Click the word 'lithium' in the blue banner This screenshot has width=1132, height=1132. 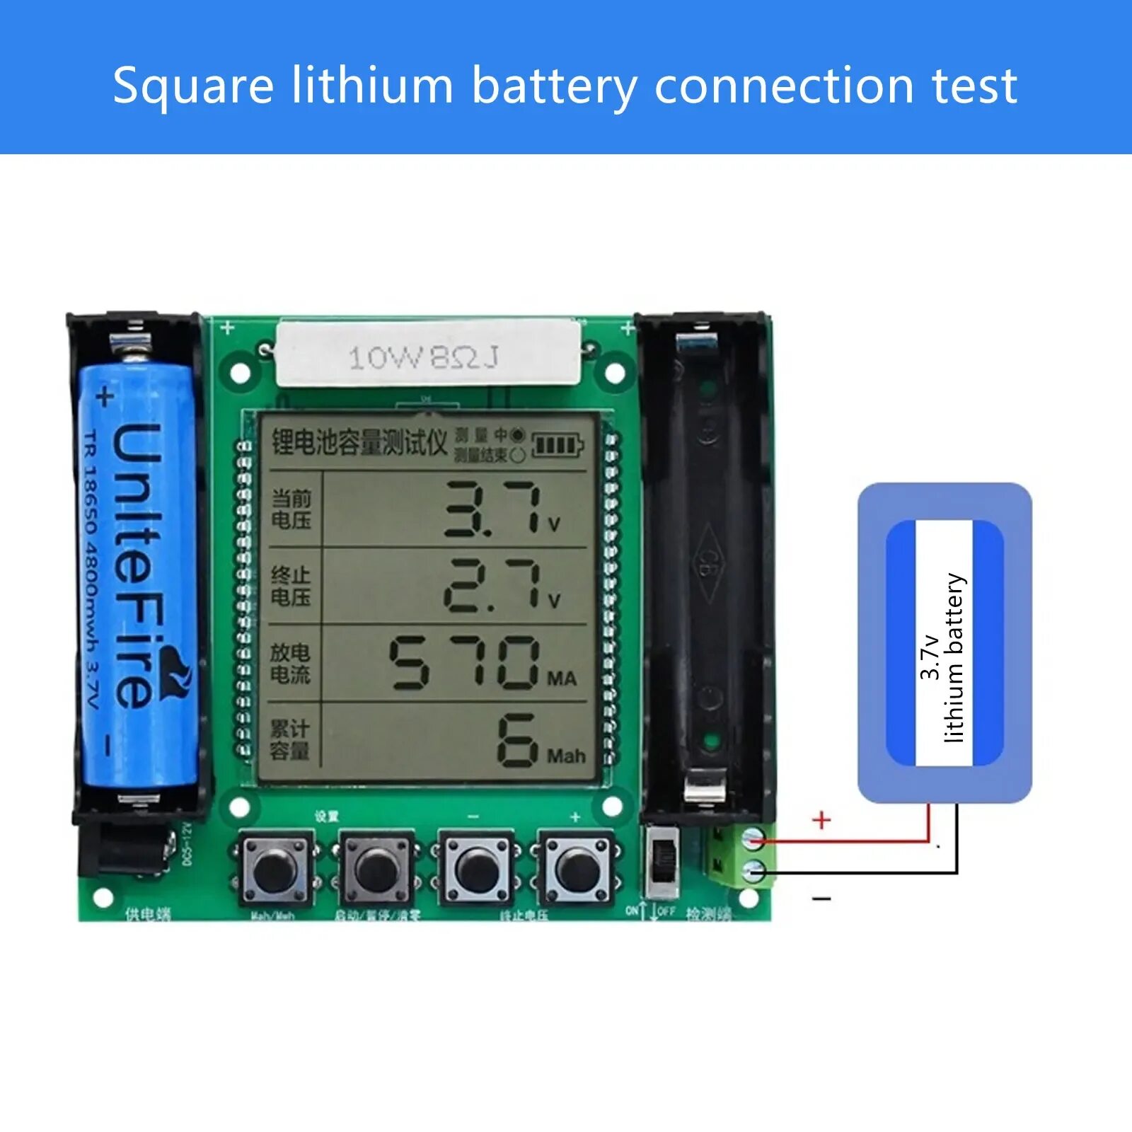[x=372, y=86]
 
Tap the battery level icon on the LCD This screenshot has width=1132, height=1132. [x=557, y=446]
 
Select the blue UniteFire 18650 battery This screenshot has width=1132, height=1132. [x=138, y=573]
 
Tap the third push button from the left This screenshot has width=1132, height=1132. [x=477, y=870]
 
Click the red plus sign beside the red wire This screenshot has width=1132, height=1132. [x=821, y=820]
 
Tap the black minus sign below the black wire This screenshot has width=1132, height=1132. [x=821, y=899]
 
